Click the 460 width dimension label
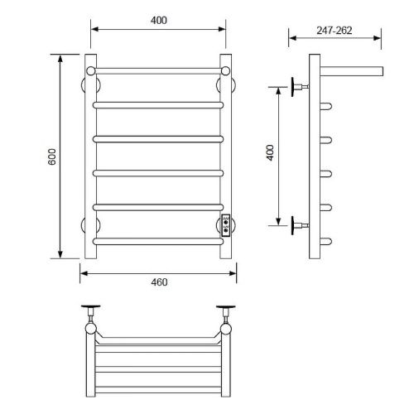pos(159,282)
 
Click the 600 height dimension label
pos(52,156)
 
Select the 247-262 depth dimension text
pos(335,31)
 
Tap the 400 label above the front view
pos(159,20)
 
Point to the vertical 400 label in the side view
pos(270,152)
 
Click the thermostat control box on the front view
pos(226,225)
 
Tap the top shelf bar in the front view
pos(158,71)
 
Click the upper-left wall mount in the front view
pos(90,84)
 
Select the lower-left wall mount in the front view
pos(90,225)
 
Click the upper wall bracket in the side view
pos(300,87)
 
